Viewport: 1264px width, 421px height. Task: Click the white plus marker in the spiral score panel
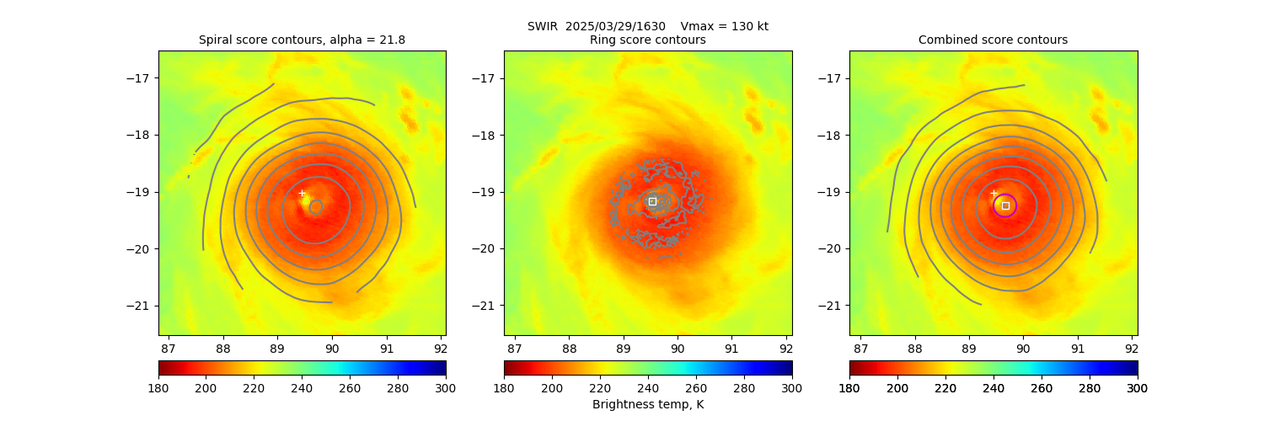click(x=302, y=193)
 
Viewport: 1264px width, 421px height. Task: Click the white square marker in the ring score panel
click(x=652, y=201)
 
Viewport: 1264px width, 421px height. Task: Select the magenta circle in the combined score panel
click(x=1004, y=205)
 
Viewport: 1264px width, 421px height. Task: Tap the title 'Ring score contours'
click(x=647, y=40)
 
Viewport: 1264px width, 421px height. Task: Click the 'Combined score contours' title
click(x=993, y=40)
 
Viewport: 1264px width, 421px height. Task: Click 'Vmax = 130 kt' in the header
click(x=724, y=26)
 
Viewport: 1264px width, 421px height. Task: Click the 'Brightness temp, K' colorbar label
click(x=647, y=405)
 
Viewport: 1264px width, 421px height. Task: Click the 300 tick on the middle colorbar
click(x=791, y=388)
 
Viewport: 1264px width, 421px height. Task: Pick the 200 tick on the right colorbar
click(x=897, y=388)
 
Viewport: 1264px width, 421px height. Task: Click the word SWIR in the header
click(x=543, y=26)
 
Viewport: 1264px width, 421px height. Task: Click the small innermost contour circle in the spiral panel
click(x=316, y=206)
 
